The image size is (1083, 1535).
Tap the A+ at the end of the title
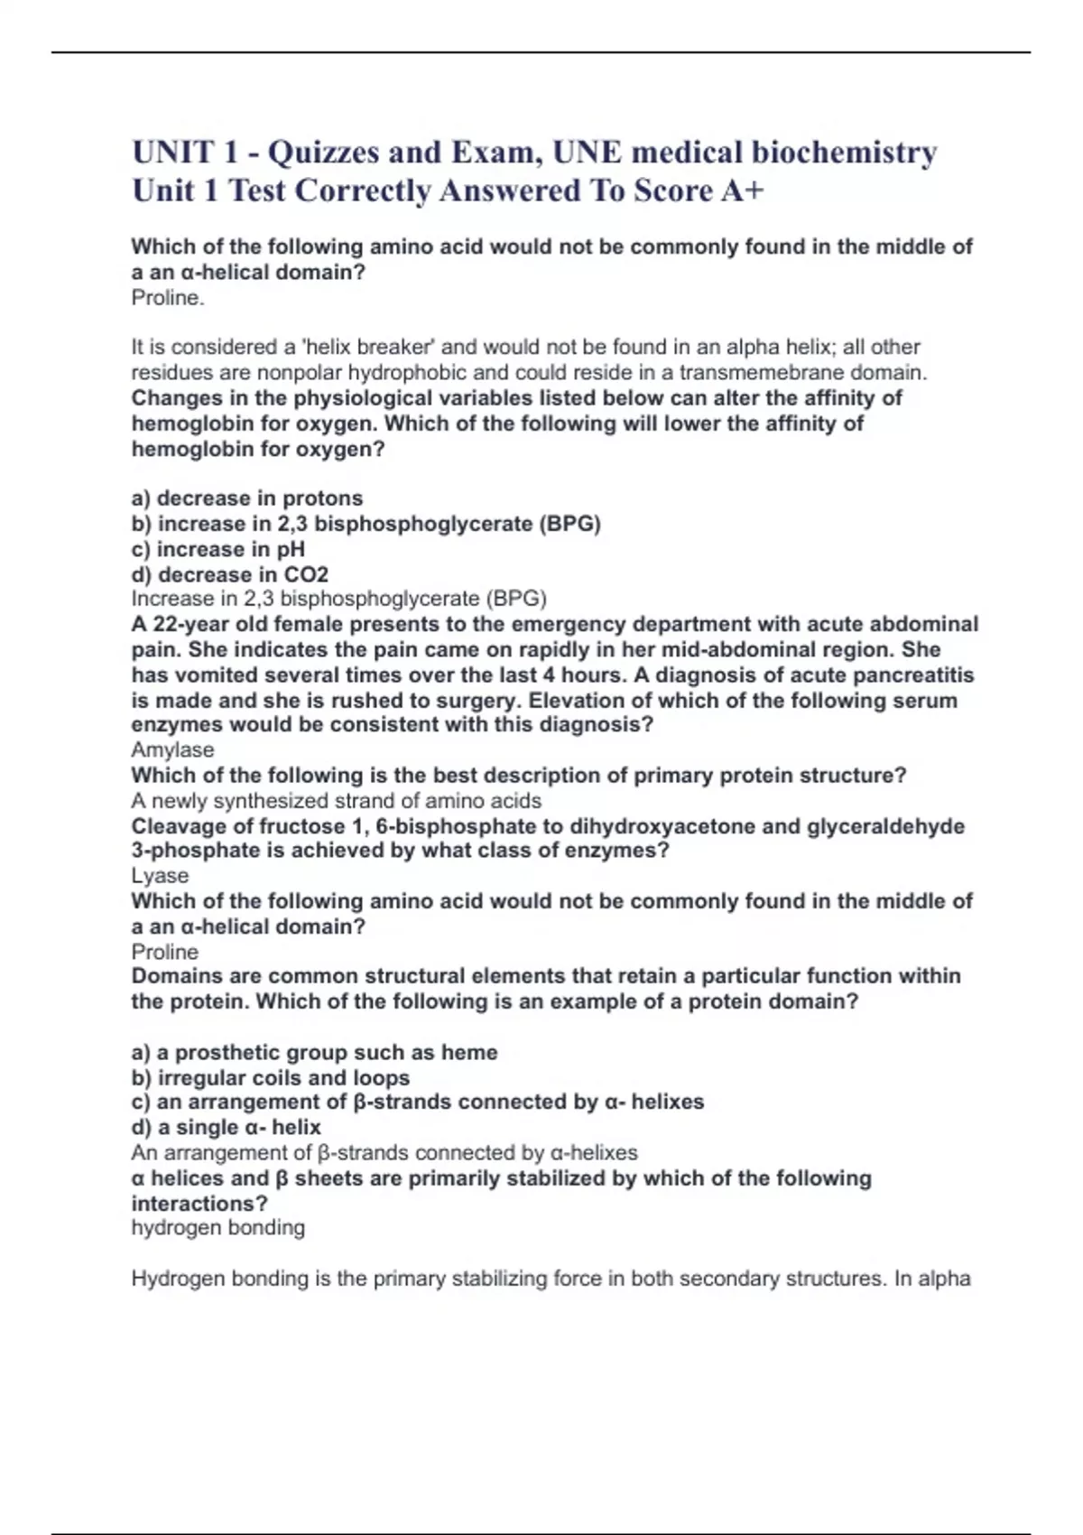pyautogui.click(x=741, y=191)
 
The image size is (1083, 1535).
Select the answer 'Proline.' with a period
pyautogui.click(x=168, y=298)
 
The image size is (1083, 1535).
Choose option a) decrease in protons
pyautogui.click(x=247, y=498)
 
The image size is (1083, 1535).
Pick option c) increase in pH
pyautogui.click(x=218, y=549)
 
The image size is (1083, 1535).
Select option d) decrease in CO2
pyautogui.click(x=230, y=574)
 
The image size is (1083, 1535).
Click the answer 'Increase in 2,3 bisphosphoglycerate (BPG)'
pyautogui.click(x=339, y=599)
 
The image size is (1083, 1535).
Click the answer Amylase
pyautogui.click(x=172, y=749)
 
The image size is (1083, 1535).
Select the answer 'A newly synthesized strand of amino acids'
pyautogui.click(x=336, y=801)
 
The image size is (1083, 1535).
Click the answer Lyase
pyautogui.click(x=160, y=875)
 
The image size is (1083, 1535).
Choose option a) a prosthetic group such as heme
pyautogui.click(x=314, y=1052)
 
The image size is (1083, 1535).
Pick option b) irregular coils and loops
pyautogui.click(x=271, y=1077)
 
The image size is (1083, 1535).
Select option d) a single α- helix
pyautogui.click(x=227, y=1127)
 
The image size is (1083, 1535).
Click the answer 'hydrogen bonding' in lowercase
pyautogui.click(x=218, y=1228)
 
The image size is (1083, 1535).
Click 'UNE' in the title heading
pyautogui.click(x=588, y=153)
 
